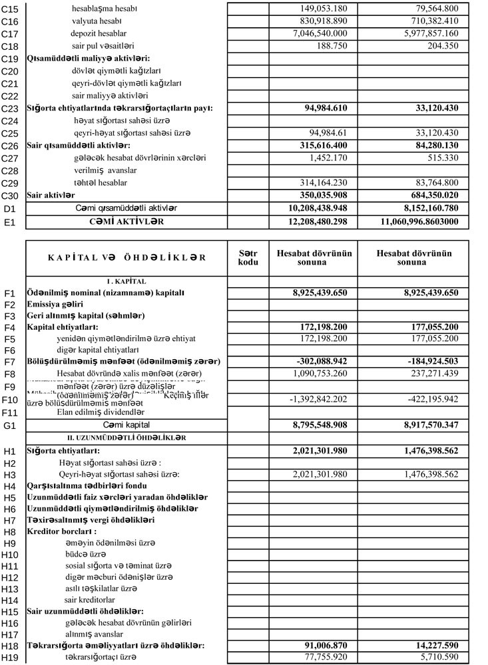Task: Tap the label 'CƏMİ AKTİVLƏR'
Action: [x=126, y=220]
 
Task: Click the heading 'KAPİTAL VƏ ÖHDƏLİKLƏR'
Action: [x=126, y=258]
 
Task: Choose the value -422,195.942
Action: [x=431, y=399]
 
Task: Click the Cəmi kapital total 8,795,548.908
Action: [x=314, y=424]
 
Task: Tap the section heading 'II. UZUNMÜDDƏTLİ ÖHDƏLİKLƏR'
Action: [x=126, y=438]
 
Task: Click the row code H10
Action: [x=10, y=555]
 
